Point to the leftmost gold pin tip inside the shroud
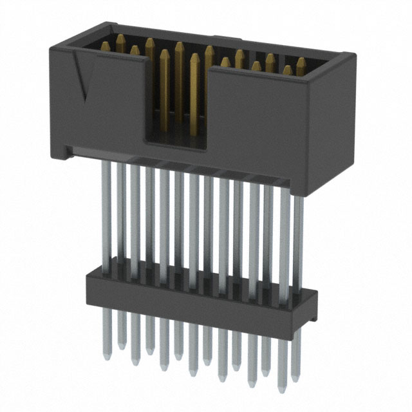[105, 45]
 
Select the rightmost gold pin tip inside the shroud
[301, 62]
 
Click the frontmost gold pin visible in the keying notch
[194, 97]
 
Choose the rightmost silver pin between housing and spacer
[297, 238]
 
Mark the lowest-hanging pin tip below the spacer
[280, 390]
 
